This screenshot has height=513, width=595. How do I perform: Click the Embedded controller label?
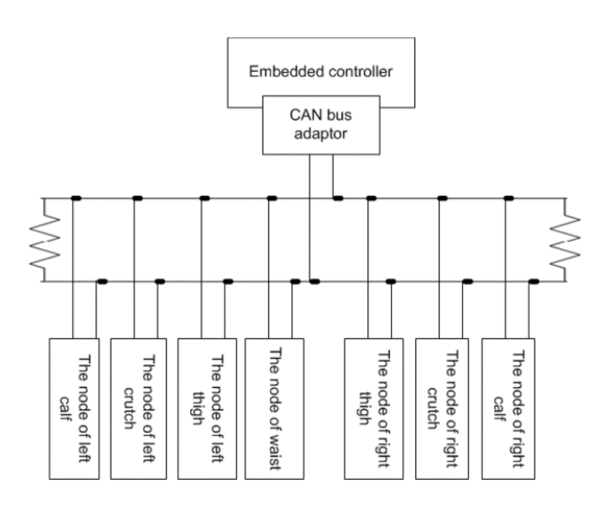(321, 71)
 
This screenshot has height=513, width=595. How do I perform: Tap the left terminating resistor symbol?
(45, 240)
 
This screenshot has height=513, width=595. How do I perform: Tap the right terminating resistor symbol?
(565, 240)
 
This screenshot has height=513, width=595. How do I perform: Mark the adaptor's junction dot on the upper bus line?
(338, 198)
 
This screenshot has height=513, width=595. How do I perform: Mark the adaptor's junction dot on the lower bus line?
(314, 282)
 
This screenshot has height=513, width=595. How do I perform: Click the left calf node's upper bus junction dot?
(76, 198)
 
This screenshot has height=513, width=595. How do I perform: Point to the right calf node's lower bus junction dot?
(534, 282)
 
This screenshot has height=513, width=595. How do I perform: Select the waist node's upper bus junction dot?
(272, 198)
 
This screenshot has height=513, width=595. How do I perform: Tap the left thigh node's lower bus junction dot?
(228, 282)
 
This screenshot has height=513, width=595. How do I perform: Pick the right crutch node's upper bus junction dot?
(442, 198)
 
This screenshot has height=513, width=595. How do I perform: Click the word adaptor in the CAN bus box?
(321, 134)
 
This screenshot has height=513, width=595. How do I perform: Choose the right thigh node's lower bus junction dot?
(391, 282)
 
